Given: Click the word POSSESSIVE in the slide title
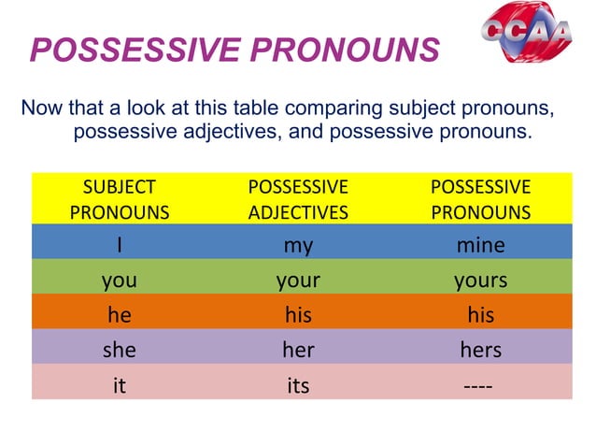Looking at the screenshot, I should [x=135, y=50].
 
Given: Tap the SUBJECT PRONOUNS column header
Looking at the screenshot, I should [x=120, y=198].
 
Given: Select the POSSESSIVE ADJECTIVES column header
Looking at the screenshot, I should [x=298, y=198].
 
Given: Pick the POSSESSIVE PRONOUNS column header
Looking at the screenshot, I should [x=480, y=198].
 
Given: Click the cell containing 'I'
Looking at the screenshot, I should [x=120, y=245].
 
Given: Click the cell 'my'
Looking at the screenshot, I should [x=298, y=245].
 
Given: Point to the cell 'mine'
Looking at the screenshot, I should [x=480, y=245].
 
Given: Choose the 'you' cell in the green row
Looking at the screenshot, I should [x=120, y=280].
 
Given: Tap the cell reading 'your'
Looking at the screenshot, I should [x=298, y=280].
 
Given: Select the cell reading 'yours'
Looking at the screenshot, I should [x=480, y=280].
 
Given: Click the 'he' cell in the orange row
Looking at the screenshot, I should [x=120, y=315].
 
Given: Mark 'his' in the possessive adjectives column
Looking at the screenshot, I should [x=298, y=315].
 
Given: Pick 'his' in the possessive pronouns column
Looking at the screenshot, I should [x=480, y=315].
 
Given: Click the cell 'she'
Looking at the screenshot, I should [x=120, y=350].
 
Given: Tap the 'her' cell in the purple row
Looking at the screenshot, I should [x=298, y=350].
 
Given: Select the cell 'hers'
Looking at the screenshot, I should [x=480, y=350].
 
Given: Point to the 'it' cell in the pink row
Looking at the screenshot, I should [x=120, y=384].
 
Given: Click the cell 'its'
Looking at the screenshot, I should [x=298, y=384].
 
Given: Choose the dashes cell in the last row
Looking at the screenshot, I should [x=480, y=384].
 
